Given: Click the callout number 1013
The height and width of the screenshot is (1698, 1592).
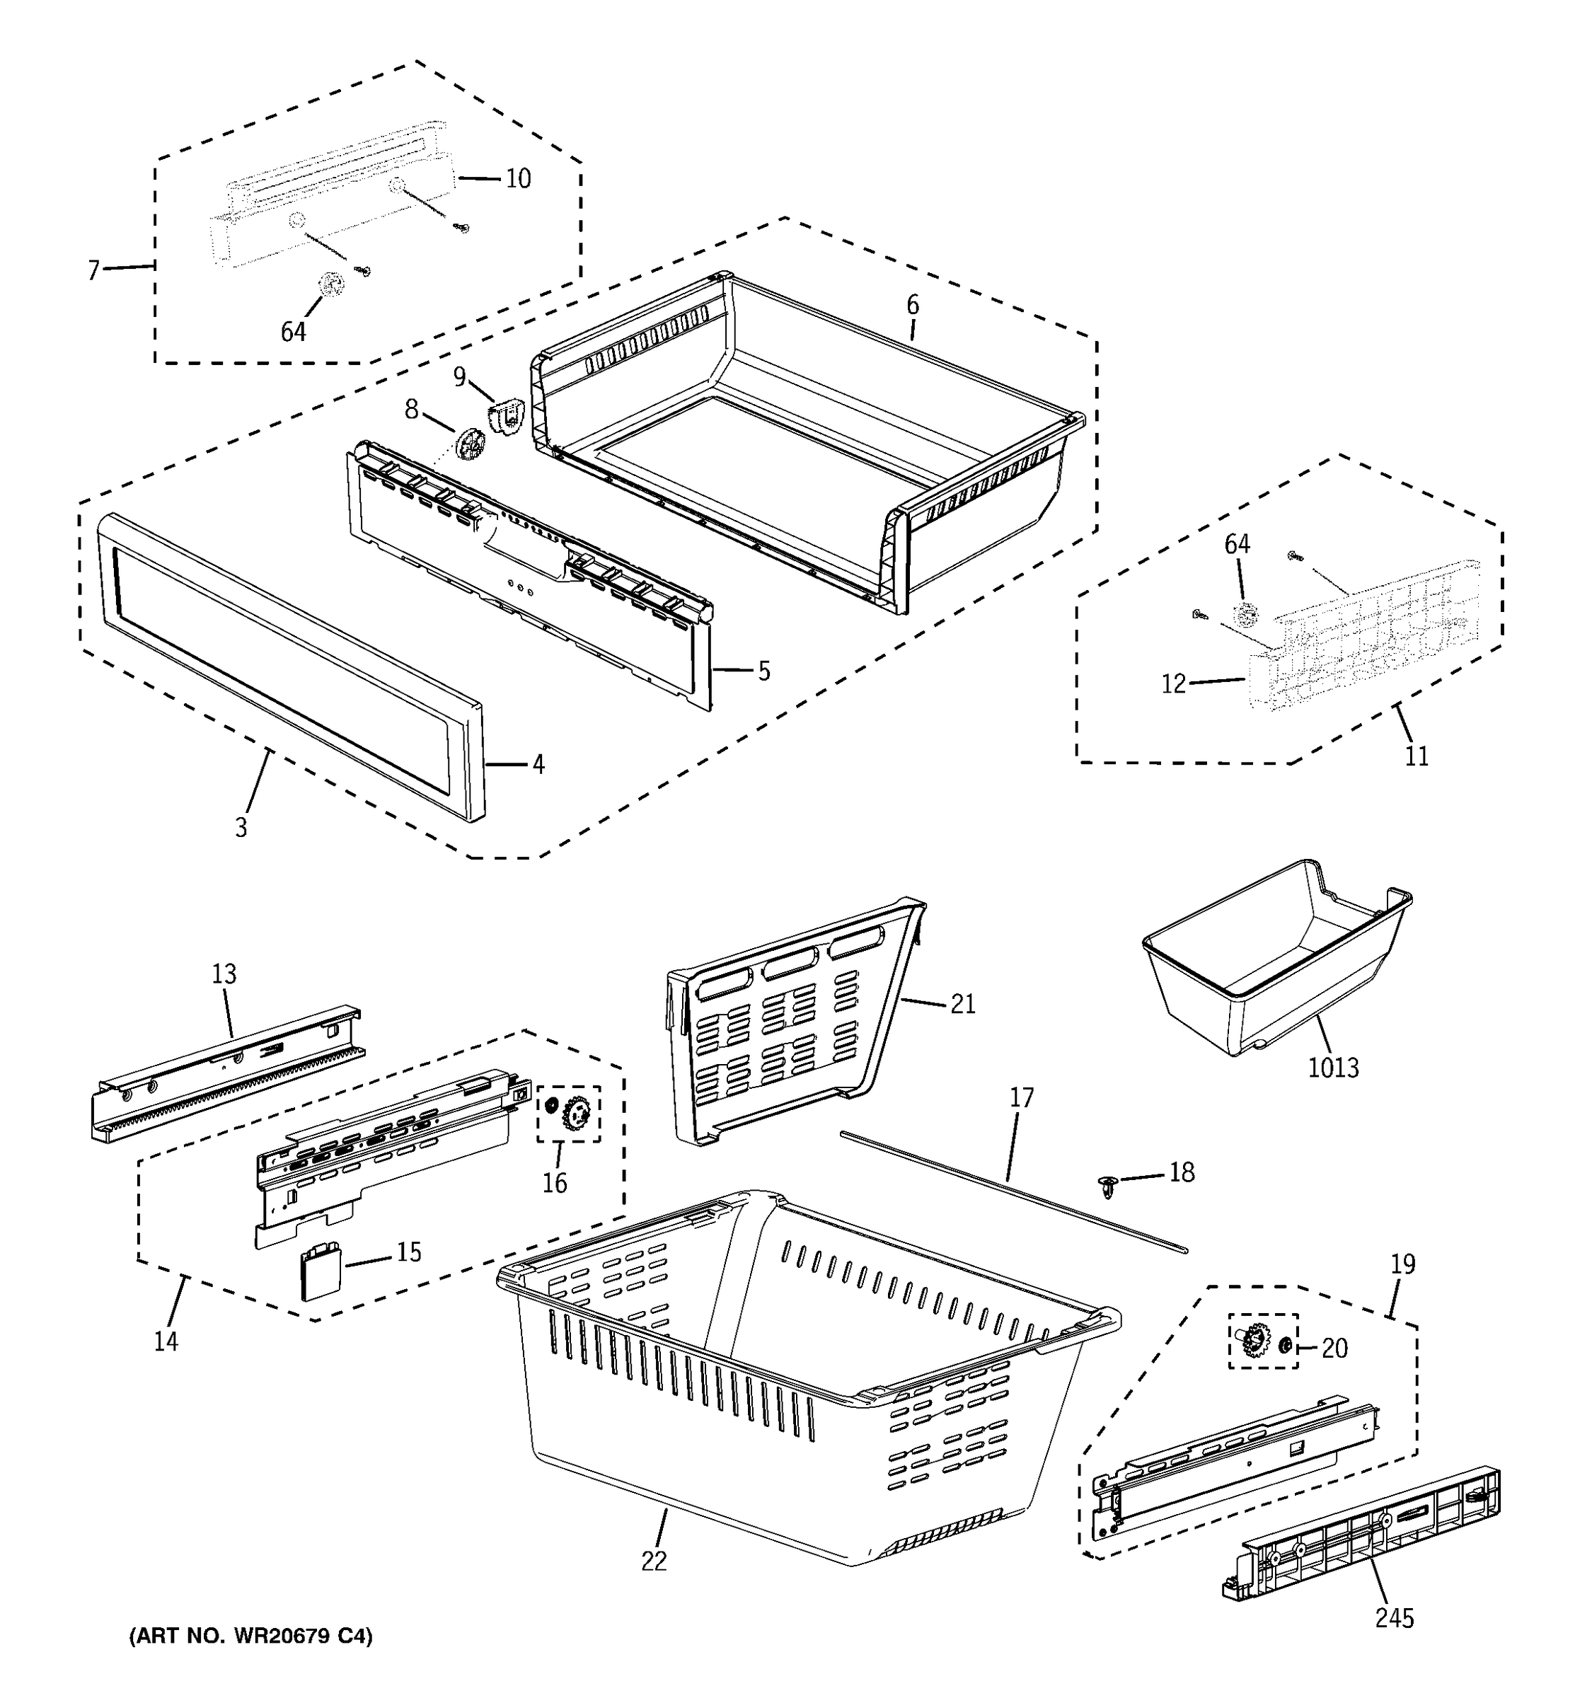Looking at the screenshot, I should point(1333,1068).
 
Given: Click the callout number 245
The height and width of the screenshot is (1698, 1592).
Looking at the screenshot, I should point(1394,1618).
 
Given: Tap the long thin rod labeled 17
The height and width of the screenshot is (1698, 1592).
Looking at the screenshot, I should point(1012,1192).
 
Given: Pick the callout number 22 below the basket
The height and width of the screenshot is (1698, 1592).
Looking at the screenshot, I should point(653,1561).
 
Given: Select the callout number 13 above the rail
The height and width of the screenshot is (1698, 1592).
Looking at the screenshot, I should point(224,974).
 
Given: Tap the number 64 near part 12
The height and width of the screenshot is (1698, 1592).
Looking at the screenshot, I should point(1237,544).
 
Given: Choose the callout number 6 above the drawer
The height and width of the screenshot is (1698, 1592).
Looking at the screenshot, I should point(913,305).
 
